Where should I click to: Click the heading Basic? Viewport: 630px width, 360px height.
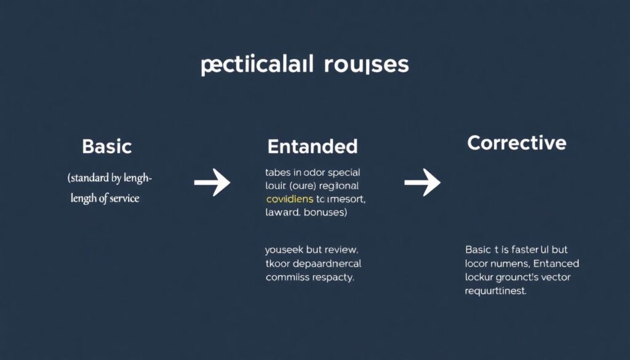[106, 147]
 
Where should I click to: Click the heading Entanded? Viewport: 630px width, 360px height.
[312, 146]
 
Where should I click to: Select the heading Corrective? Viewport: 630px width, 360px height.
[516, 143]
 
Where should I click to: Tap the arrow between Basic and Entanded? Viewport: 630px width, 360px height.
[212, 183]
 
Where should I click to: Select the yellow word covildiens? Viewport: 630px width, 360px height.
[289, 199]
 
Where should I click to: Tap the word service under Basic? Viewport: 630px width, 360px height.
[122, 199]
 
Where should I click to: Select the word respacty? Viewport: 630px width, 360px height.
[333, 278]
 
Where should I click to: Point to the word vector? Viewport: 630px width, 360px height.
[556, 277]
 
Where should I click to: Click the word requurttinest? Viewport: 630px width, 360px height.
[495, 291]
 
